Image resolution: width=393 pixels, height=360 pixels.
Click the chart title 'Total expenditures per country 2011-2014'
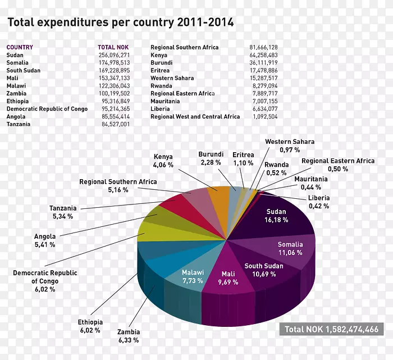click(x=120, y=22)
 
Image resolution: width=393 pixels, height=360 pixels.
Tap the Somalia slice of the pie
click(x=290, y=248)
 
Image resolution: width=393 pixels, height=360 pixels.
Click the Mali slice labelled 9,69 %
click(x=228, y=277)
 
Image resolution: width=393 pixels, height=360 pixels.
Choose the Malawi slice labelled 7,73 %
click(x=192, y=276)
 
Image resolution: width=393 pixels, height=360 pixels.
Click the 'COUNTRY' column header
click(x=20, y=48)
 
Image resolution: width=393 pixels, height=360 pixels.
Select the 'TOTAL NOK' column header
click(x=113, y=48)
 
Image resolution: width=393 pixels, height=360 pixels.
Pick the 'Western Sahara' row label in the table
click(x=172, y=78)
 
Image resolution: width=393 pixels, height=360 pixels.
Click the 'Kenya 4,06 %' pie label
click(x=163, y=161)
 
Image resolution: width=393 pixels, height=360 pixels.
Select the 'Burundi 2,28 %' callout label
click(x=211, y=158)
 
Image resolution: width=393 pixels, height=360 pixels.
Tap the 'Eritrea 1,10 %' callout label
click(x=244, y=158)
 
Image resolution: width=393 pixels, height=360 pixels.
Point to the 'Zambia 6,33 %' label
click(x=129, y=336)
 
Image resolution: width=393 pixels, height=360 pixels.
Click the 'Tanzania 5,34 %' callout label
click(x=63, y=212)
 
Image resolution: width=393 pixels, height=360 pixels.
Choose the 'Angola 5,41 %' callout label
click(x=45, y=240)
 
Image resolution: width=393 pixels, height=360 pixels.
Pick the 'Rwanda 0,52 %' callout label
click(x=277, y=168)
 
